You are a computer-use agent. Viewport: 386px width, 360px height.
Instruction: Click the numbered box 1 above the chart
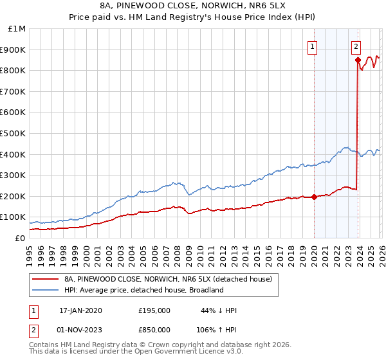313,46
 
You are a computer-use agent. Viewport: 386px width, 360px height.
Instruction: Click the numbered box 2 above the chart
356,46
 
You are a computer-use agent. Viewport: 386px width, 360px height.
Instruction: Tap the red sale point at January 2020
314,197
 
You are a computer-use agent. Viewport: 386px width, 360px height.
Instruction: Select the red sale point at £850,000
357,60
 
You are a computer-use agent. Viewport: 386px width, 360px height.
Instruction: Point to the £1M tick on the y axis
17,29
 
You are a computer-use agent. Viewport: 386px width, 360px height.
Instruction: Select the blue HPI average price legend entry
143,290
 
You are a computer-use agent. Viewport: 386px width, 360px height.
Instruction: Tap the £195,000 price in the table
154,310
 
